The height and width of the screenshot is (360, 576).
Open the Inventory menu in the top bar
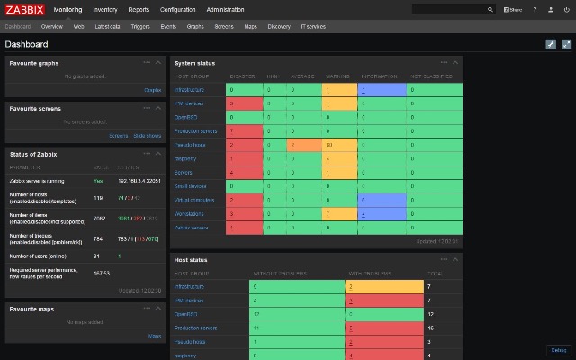pos(104,9)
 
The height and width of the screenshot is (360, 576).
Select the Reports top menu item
pos(139,9)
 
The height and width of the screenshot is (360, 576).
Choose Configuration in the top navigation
pos(177,9)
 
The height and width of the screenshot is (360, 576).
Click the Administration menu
pos(225,9)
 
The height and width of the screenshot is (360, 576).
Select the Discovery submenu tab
pos(279,27)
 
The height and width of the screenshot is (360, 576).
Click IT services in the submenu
pos(314,27)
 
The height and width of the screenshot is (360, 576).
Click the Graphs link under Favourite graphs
pos(152,90)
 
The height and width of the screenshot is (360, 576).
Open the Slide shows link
pos(148,136)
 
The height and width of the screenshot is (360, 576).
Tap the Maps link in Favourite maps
pos(154,335)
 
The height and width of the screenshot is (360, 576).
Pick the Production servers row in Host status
pos(196,328)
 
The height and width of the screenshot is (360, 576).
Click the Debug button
pos(558,349)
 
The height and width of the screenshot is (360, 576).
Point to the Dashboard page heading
pos(27,44)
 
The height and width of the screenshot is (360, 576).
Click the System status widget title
pos(194,63)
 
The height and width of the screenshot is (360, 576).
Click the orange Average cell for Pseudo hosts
pos(305,145)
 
